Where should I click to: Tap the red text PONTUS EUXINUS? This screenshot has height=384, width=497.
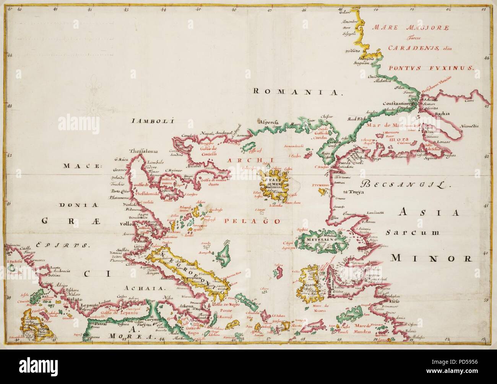tap(431, 68)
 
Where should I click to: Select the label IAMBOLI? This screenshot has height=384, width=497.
tap(152, 122)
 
